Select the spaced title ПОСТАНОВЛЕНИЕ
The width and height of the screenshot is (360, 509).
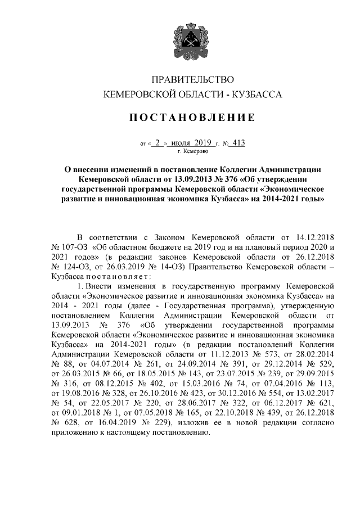click(193, 118)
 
